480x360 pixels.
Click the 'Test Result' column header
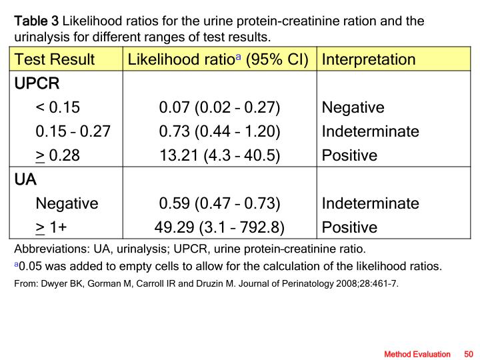click(55, 59)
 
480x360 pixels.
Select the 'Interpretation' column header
click(369, 59)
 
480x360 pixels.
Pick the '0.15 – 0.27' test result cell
click(73, 131)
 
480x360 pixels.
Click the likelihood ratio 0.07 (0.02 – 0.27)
click(219, 107)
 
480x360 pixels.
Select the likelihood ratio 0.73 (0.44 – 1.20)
click(219, 131)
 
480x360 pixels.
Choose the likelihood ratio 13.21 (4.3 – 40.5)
click(219, 155)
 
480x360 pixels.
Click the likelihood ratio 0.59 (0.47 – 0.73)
click(219, 203)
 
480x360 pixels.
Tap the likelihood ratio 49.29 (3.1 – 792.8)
click(219, 227)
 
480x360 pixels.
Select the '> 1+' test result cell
click(51, 227)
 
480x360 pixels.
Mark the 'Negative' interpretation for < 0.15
click(353, 107)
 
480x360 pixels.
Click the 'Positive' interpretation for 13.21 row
click(349, 155)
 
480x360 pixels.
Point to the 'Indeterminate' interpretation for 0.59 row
click(371, 203)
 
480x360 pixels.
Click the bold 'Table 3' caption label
click(37, 21)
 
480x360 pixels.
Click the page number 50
click(468, 353)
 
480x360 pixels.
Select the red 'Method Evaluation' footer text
click(417, 353)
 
